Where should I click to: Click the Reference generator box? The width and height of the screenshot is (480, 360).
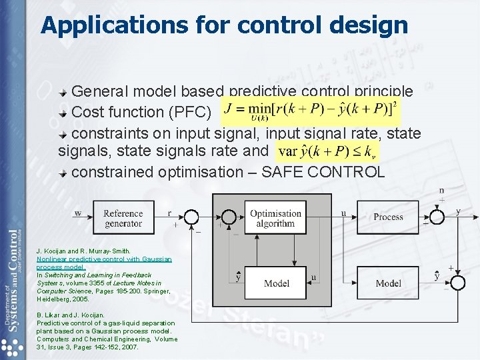tap(123, 218)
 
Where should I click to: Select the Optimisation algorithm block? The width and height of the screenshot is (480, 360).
tap(275, 218)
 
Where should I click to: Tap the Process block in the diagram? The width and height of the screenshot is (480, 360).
tap(388, 217)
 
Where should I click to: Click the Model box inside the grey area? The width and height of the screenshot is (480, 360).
tap(276, 283)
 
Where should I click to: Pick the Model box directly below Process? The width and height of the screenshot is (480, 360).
tap(388, 283)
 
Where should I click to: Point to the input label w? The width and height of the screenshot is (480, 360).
tap(78, 213)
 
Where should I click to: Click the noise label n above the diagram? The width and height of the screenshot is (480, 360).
tap(441, 190)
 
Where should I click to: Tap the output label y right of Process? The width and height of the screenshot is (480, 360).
tap(458, 211)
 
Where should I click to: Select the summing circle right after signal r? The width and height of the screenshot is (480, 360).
tap(191, 217)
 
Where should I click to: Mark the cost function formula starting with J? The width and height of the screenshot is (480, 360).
tap(311, 111)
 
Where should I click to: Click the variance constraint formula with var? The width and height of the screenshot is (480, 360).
tap(327, 150)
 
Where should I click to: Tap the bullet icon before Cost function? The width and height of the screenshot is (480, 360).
tap(63, 112)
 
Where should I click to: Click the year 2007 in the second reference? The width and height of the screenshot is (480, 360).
tap(129, 347)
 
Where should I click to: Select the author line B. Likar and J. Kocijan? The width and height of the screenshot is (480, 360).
tap(71, 315)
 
